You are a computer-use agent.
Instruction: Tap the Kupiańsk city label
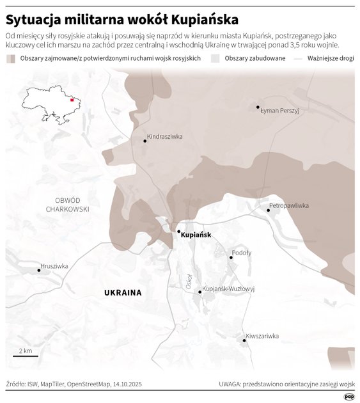(196, 235)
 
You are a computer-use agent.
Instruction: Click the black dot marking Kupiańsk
(179, 232)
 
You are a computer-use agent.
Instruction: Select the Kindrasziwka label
(165, 136)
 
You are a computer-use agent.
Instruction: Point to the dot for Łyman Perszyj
(258, 107)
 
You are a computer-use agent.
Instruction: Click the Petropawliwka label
(289, 205)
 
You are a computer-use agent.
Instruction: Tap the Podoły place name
(242, 253)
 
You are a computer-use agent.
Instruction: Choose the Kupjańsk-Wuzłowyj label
(228, 289)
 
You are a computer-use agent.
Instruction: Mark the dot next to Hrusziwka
(39, 270)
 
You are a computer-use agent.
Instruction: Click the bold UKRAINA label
(123, 293)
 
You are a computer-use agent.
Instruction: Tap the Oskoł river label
(189, 282)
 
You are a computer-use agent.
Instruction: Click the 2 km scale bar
(26, 356)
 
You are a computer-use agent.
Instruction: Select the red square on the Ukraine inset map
(71, 100)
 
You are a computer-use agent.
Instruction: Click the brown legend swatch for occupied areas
(12, 58)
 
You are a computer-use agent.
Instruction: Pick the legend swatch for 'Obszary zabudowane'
(215, 58)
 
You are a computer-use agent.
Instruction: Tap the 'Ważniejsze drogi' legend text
(330, 58)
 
